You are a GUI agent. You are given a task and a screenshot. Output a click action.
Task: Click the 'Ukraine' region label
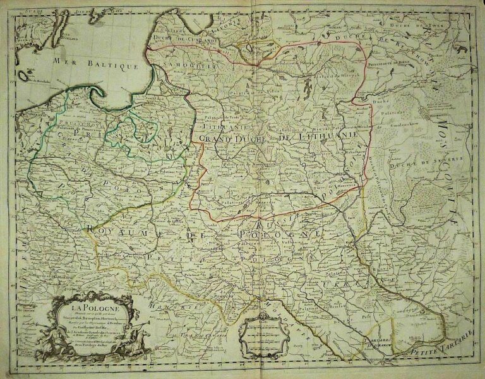click(x=344, y=286)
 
